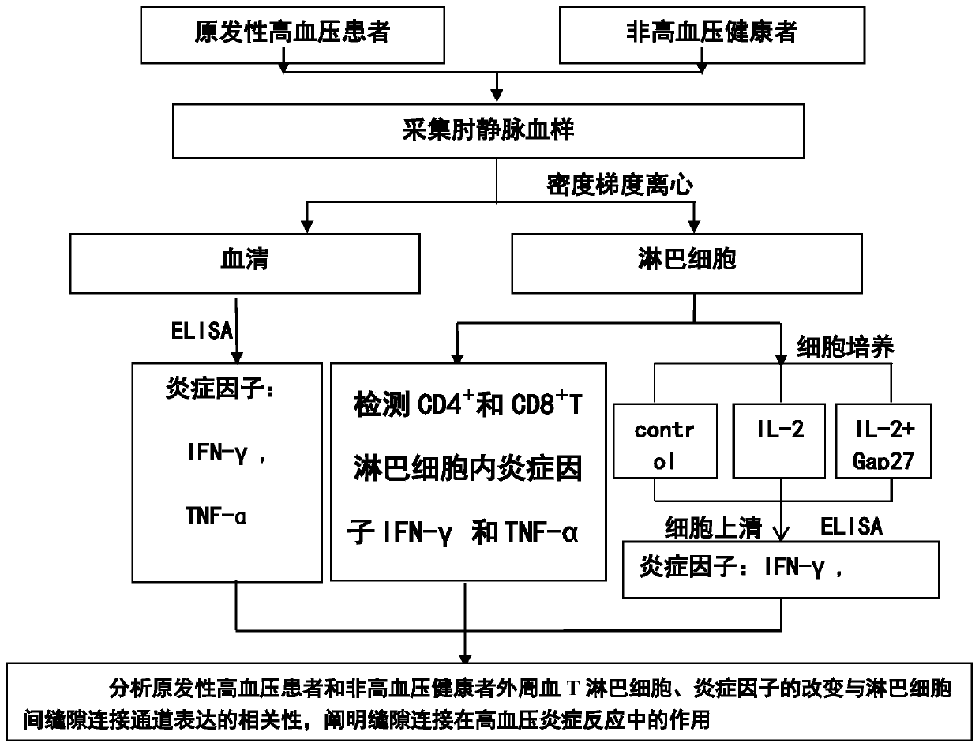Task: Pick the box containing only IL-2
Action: pos(779,432)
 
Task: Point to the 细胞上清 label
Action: pos(713,527)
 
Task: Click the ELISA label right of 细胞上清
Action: pos(851,527)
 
